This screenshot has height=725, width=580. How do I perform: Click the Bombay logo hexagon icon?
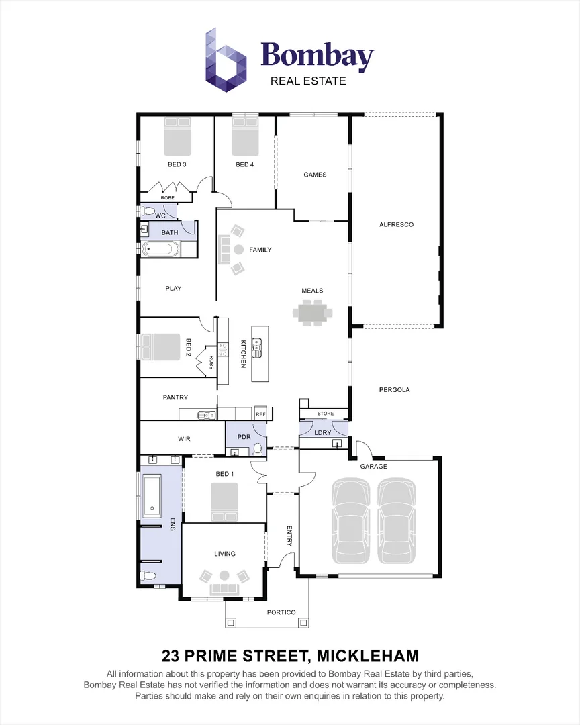click(x=226, y=60)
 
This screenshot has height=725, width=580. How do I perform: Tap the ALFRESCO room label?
click(x=396, y=224)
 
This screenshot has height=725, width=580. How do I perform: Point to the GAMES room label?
click(x=315, y=175)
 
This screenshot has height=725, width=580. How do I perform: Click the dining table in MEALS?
click(x=312, y=312)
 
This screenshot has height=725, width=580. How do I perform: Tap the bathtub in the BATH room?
click(x=160, y=250)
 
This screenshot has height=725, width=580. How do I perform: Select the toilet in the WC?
click(x=147, y=211)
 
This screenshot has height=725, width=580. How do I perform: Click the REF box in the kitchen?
click(x=260, y=414)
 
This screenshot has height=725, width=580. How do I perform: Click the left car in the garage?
click(x=351, y=520)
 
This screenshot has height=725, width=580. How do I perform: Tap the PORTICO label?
click(x=281, y=612)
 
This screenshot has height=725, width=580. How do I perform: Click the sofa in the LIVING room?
click(x=224, y=589)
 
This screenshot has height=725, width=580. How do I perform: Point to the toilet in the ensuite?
click(x=148, y=575)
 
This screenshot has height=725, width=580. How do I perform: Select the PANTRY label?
click(x=175, y=397)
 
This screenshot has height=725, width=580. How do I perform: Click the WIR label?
click(x=185, y=438)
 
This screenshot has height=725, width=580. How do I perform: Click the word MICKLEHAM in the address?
click(x=368, y=655)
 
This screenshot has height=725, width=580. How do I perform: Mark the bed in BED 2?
click(x=159, y=347)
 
